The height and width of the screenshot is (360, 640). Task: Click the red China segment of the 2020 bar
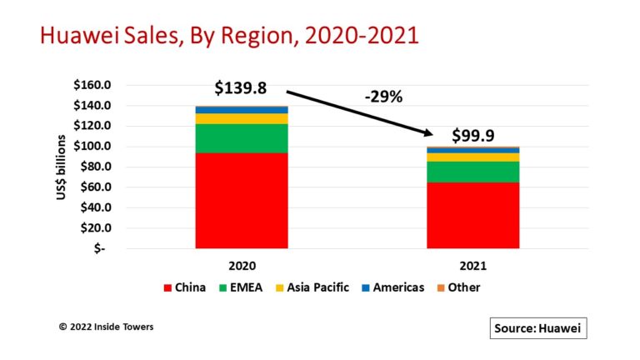pos(242,200)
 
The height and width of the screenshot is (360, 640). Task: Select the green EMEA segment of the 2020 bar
pos(242,137)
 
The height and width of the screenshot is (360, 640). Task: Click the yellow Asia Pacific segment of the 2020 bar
pos(242,118)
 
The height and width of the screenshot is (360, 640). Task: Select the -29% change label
pos(383,97)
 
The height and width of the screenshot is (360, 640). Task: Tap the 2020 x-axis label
pos(242,264)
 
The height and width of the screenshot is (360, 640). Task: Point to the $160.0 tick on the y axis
pos(98,85)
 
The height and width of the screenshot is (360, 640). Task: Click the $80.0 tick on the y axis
pos(101,167)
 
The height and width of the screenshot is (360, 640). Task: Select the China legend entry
pos(184,287)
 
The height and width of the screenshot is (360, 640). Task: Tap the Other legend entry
pos(459,287)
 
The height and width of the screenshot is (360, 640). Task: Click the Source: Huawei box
pos(538,328)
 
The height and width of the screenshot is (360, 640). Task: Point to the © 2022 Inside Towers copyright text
pos(106,327)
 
